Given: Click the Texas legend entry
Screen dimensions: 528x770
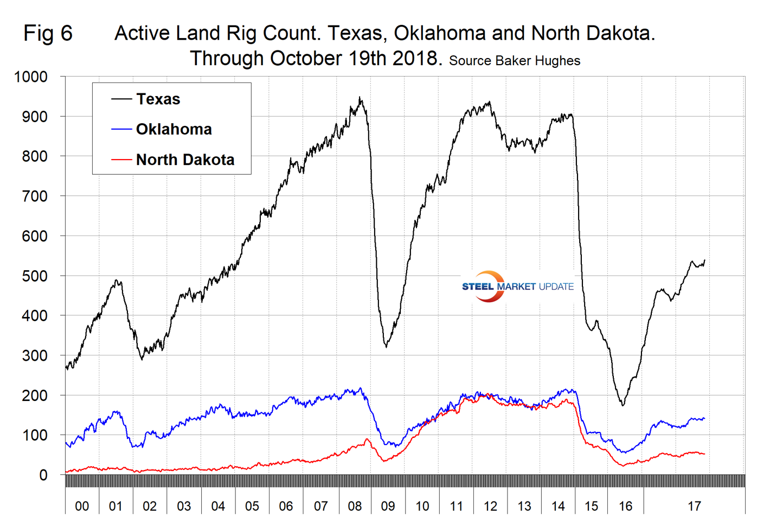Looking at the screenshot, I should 158,99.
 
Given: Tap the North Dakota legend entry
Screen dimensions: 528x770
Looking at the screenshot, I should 185,160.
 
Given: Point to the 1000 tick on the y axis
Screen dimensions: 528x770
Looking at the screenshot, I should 31,77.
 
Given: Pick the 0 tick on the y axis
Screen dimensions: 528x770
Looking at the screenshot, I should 43,475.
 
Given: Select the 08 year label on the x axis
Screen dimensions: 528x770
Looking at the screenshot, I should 355,506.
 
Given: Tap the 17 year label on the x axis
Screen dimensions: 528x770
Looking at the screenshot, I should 694,506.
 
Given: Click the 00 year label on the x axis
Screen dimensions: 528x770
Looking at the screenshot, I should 82,506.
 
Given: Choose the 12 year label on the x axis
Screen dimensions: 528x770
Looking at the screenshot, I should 490,506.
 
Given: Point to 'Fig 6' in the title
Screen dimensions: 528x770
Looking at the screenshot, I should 48,34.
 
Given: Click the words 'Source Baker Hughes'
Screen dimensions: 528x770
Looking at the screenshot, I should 514,61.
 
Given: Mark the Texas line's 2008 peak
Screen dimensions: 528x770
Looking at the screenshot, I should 360,98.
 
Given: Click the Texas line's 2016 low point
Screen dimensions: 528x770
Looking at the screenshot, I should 623,405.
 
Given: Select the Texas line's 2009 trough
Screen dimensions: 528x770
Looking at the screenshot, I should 386,346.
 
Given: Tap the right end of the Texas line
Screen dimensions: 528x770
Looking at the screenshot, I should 704,260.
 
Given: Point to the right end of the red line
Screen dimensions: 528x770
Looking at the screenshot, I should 704,454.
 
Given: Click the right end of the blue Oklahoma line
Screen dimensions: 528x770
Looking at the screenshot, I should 704,418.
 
